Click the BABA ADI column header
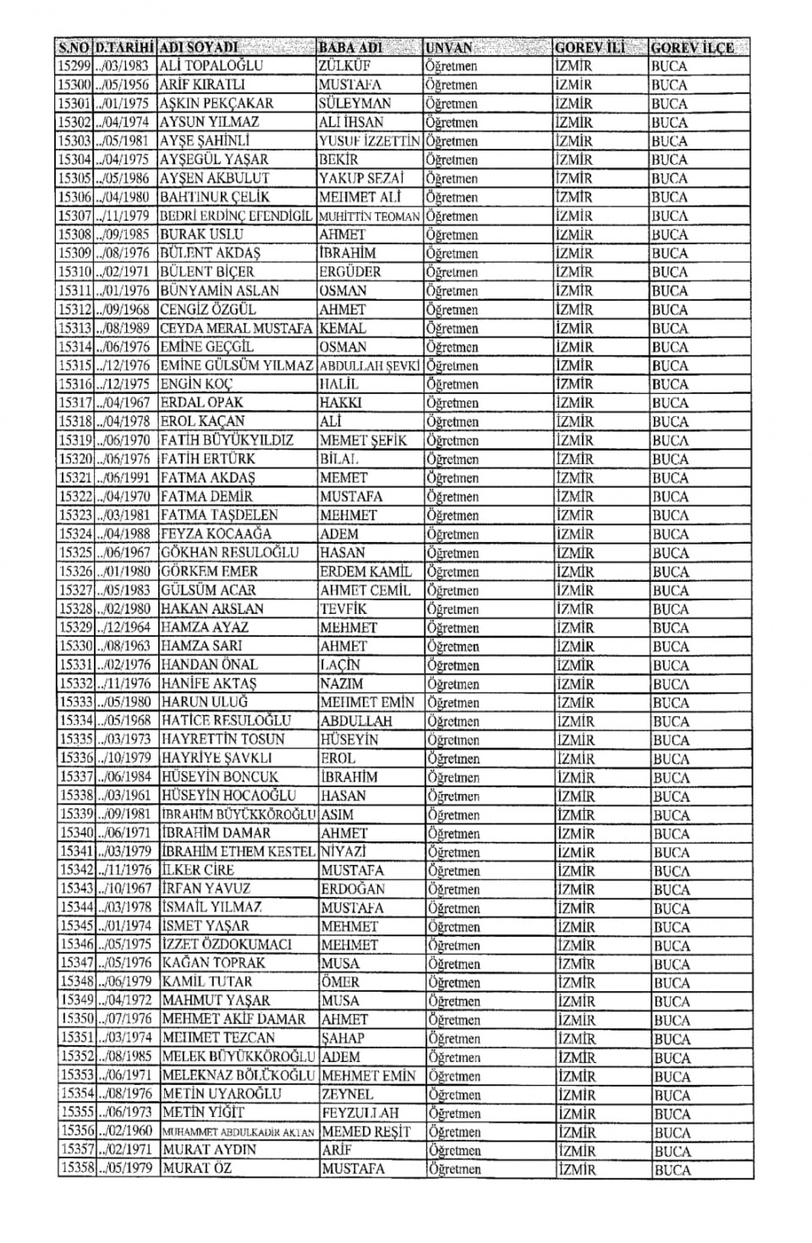(350, 47)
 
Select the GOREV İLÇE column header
(692, 48)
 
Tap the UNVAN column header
(449, 48)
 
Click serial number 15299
(74, 66)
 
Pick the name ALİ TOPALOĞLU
(211, 66)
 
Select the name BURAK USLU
(201, 234)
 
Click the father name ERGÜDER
(350, 271)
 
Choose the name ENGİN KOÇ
(196, 384)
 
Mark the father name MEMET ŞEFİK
(363, 441)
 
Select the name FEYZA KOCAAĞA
(216, 534)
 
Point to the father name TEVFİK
(343, 609)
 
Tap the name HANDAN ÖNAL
(210, 665)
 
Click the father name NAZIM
(342, 683)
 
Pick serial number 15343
(76, 889)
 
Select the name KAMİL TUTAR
(207, 983)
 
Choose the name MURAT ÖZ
(197, 1169)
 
